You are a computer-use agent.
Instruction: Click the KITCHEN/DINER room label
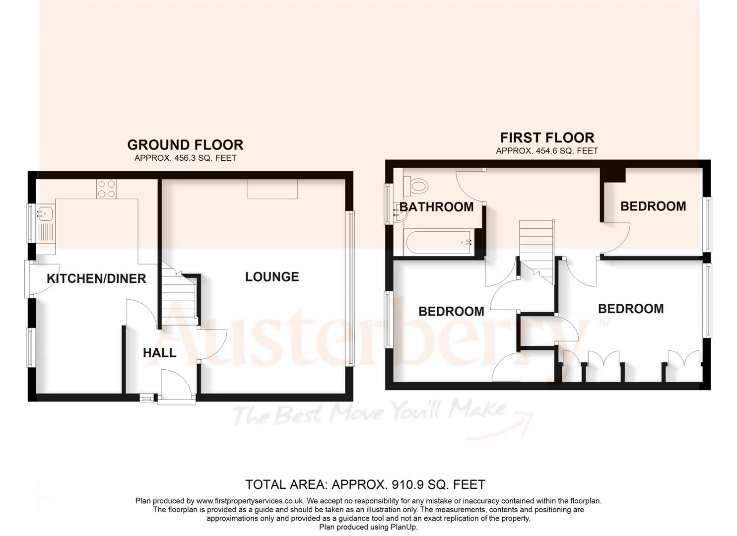[x=96, y=278]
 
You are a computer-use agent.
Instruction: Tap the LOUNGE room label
[x=272, y=276]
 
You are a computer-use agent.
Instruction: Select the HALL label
[x=159, y=352]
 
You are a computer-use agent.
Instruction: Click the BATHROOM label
[x=437, y=206]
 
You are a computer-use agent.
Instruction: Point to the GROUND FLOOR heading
[x=185, y=144]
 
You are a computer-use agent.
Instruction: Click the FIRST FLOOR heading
[x=547, y=137]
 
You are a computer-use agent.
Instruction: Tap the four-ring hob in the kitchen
[x=106, y=189]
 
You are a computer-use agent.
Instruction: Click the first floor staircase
[x=536, y=248]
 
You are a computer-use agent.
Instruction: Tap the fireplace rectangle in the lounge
[x=272, y=189]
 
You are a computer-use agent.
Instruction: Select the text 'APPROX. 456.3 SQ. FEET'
[x=185, y=158]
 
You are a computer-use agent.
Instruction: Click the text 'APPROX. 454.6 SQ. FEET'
[x=547, y=150]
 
